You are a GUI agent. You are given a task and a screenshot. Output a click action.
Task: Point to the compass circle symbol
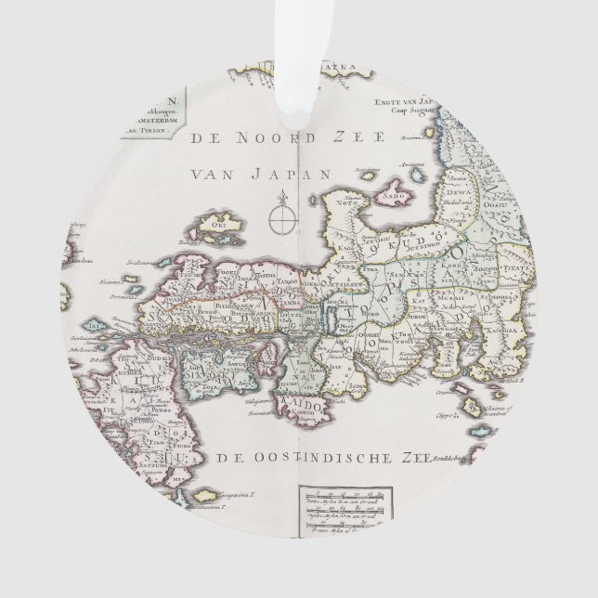[x=281, y=222]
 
